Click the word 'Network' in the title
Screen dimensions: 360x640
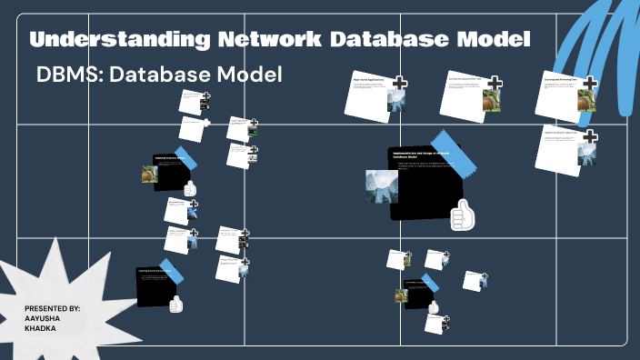[x=256, y=41]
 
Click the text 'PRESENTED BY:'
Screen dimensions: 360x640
[x=53, y=309]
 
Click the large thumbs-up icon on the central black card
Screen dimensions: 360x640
[x=463, y=215]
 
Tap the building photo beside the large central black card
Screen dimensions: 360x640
[x=381, y=186]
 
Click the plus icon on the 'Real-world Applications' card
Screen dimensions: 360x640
[x=399, y=83]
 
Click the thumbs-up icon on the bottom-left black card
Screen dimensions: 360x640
[x=176, y=304]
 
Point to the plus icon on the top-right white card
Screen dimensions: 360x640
[x=589, y=84]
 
